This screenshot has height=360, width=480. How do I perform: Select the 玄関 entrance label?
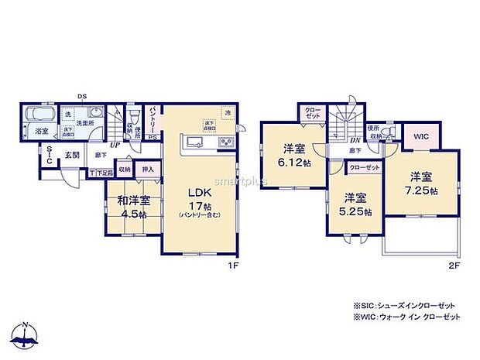(71, 155)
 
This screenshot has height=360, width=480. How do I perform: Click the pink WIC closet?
(421, 136)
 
